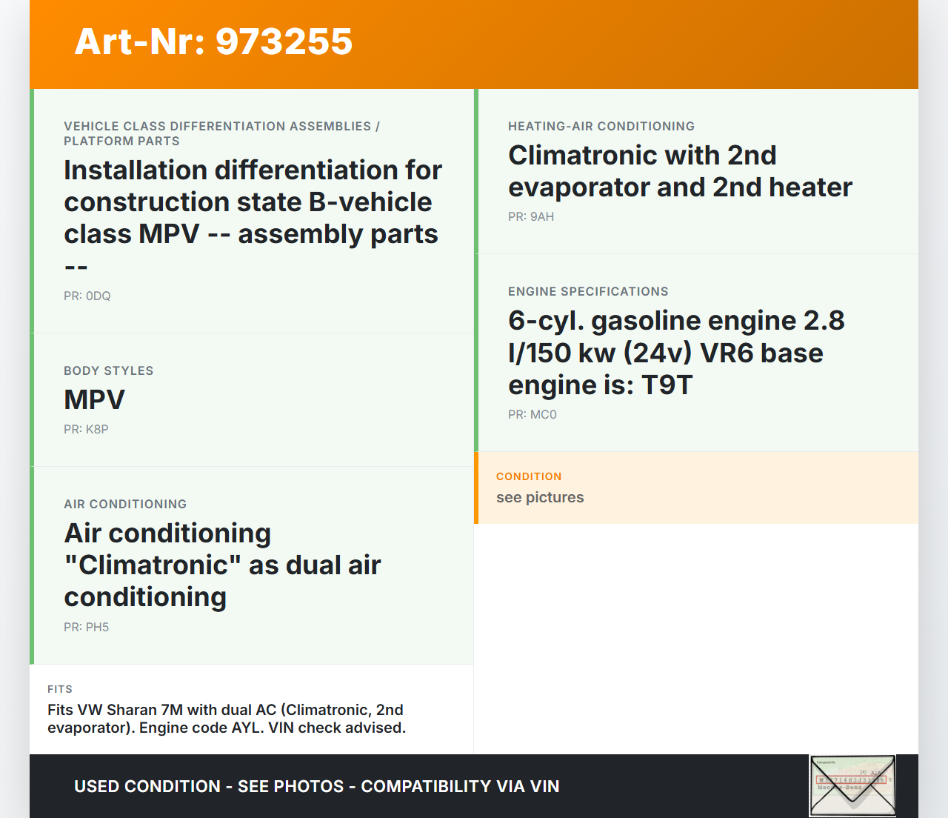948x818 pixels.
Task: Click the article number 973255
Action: [x=284, y=41]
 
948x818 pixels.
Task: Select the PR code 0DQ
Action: [x=99, y=296]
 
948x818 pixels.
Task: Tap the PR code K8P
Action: [x=97, y=430]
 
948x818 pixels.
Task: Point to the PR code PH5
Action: [x=97, y=627]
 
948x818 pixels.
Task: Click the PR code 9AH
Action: [x=542, y=216]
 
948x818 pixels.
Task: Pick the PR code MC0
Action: [x=543, y=415]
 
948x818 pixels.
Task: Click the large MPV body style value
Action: [x=95, y=399]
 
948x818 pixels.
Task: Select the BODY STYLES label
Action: [x=109, y=370]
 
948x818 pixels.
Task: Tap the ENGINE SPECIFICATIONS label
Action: [x=588, y=291]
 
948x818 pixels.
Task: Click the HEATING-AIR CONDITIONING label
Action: [x=601, y=126]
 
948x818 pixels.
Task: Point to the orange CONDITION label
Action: [x=529, y=476]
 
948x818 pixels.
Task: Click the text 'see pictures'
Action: [x=540, y=498]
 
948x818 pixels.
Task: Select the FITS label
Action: [x=60, y=689]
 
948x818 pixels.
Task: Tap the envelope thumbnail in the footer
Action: [x=852, y=785]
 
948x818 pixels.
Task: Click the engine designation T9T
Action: [x=667, y=385]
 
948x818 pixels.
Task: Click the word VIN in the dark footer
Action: [x=545, y=786]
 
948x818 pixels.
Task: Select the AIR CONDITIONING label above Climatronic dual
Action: [x=125, y=504]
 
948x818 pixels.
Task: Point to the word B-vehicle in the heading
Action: [x=370, y=202]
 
